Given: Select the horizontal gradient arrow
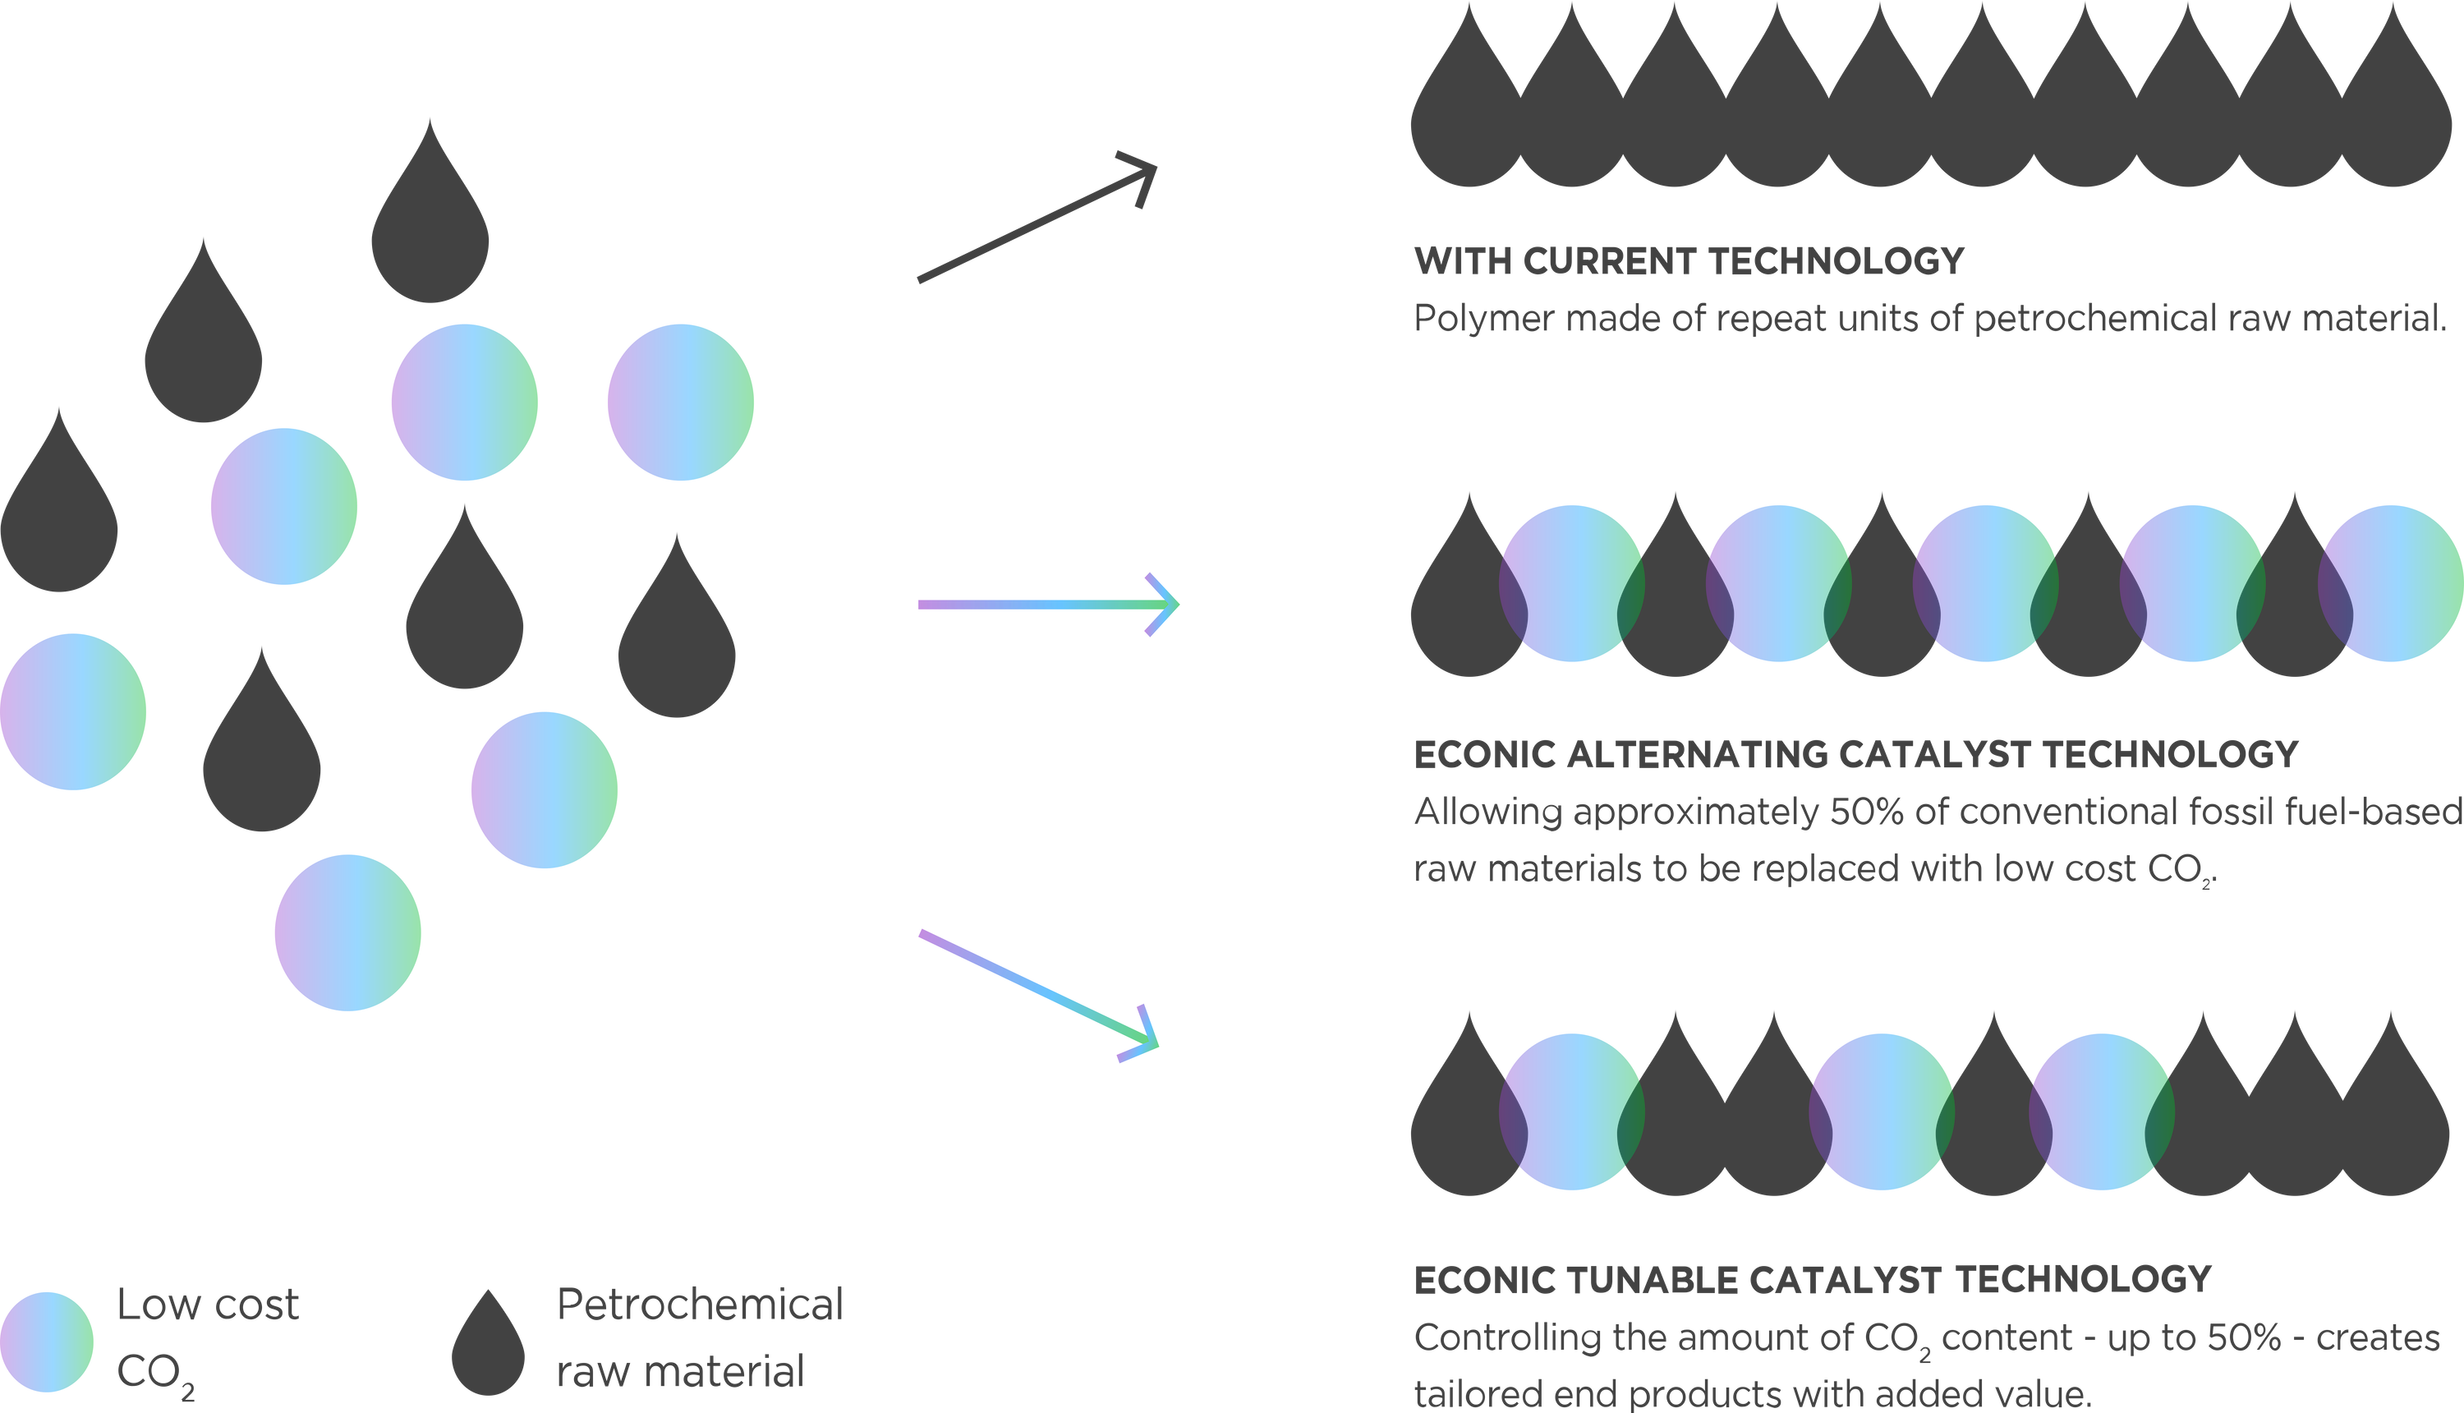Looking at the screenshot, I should coord(1048,605).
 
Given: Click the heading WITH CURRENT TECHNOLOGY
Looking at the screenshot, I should coord(1688,261).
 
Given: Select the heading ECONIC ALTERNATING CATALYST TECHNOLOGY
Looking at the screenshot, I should coord(1855,754).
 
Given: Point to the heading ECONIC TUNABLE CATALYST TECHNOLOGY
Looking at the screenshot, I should coord(1812,1279).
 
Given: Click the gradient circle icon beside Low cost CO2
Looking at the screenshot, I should coord(47,1342).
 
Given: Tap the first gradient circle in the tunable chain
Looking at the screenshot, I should coord(1571,1112).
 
